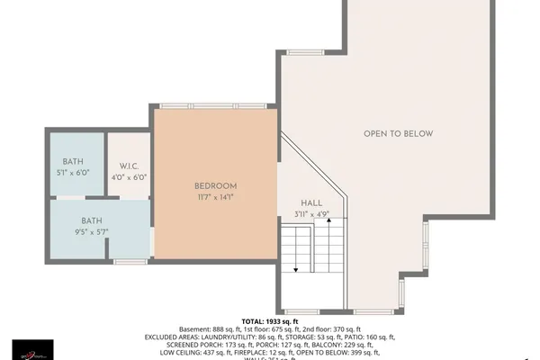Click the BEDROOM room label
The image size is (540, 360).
point(214,186)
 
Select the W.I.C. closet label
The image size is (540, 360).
point(128,166)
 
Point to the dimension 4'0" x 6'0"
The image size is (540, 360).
point(128,177)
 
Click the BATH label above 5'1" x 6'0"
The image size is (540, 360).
point(73,162)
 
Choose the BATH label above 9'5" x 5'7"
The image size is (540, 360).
point(92,220)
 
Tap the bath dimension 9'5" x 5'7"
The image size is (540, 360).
point(92,231)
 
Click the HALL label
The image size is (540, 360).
point(311,203)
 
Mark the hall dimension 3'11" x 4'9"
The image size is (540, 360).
point(311,214)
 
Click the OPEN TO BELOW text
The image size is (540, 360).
point(398,134)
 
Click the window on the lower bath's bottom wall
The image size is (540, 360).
point(130,261)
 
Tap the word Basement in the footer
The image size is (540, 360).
point(197,328)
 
